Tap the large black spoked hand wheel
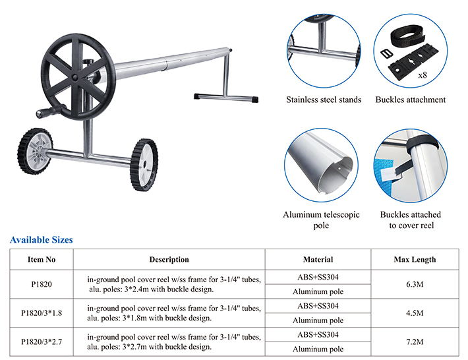78,77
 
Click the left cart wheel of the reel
35,152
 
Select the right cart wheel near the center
144,164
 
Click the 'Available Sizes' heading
41,240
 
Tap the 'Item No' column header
42,259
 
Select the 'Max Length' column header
415,259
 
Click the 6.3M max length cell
415,284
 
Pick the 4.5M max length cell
415,313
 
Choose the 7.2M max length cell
415,342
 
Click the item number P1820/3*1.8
42,313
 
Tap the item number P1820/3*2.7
42,342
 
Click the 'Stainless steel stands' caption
324,100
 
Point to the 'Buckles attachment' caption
411,100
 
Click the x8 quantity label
423,75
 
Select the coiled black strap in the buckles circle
408,36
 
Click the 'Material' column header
318,259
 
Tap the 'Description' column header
169,259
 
